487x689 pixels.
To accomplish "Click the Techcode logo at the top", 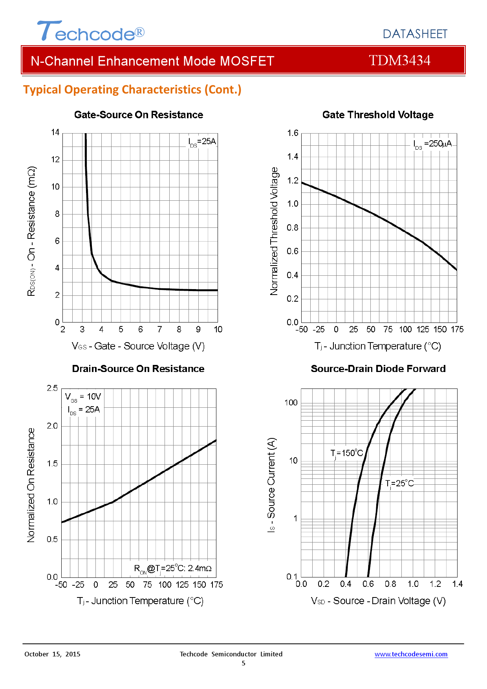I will (x=91, y=31).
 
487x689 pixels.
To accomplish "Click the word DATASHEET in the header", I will (x=415, y=34).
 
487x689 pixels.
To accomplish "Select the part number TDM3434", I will (x=399, y=60).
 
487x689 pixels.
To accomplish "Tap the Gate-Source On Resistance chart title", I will (x=139, y=115).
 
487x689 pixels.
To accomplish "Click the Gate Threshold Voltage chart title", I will (x=378, y=115).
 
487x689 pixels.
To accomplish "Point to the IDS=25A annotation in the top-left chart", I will (x=202, y=142).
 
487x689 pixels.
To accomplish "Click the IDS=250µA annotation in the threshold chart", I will (x=432, y=144).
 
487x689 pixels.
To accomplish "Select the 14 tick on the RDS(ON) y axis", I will (x=55, y=132).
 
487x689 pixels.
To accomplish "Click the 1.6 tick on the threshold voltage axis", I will (x=293, y=133).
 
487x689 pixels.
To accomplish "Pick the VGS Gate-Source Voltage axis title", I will (x=138, y=346).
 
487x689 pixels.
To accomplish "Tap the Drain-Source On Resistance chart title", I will (x=138, y=369).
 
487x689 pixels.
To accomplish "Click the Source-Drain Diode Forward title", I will (x=378, y=369).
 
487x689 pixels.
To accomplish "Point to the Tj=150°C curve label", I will (x=346, y=453).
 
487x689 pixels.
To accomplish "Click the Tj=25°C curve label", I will (x=399, y=484).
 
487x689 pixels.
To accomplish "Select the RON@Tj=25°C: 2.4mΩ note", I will (x=173, y=568).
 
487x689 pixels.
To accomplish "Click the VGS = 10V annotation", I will (x=83, y=397).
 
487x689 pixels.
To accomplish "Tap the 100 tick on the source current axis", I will (x=291, y=403).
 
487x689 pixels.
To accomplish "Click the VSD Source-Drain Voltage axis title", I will (x=378, y=601).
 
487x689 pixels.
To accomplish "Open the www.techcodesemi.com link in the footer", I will (x=411, y=654).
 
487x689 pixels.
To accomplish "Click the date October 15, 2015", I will (x=52, y=654).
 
